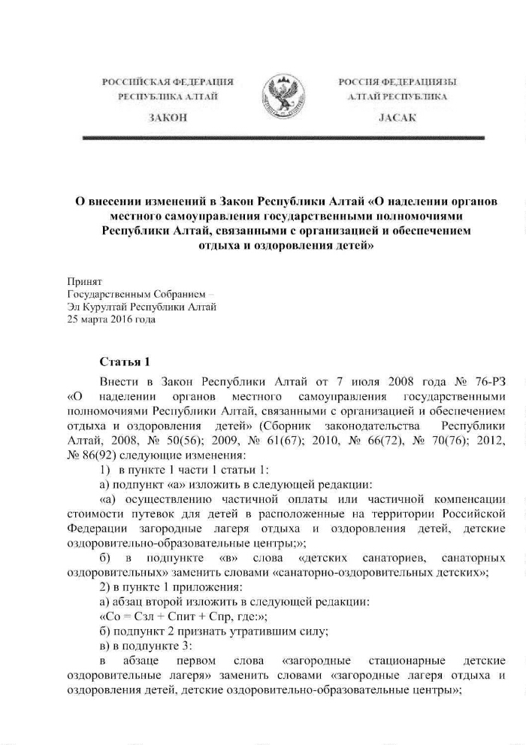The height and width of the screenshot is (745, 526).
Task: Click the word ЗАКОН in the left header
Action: tap(168, 118)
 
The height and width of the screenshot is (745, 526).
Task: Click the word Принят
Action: tap(84, 280)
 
